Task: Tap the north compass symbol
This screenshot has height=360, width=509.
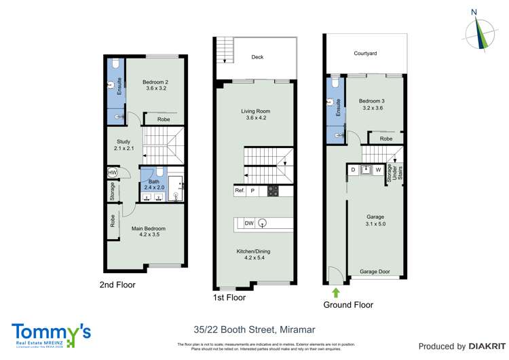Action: coord(483,31)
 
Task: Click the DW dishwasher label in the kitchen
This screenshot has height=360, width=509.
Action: coord(249,223)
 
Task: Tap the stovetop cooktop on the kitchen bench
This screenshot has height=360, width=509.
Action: coord(273,191)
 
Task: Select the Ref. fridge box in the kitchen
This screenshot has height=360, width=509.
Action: coord(240,191)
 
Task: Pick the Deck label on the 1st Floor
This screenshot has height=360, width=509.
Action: coord(257,57)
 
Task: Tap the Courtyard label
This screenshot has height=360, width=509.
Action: coord(365,53)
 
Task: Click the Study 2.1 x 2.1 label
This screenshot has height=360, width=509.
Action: coord(122,145)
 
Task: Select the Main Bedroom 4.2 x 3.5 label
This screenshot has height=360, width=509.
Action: coord(148,232)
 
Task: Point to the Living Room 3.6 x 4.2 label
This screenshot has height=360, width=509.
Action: coord(255,115)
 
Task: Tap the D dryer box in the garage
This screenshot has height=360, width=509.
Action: coord(353,169)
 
